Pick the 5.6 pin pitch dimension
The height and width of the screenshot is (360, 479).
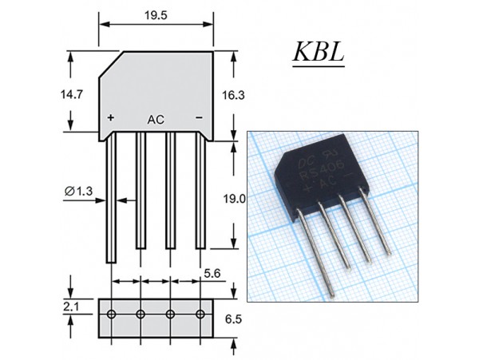click(212, 272)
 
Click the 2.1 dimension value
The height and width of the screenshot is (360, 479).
click(72, 305)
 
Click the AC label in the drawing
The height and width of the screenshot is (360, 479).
click(156, 119)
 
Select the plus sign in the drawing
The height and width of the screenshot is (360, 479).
click(111, 118)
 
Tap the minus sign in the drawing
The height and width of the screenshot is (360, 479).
click(199, 118)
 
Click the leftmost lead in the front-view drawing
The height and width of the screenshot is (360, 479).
click(112, 200)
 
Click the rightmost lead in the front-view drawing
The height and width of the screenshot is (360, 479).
click(200, 192)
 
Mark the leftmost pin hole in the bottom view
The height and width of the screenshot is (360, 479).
click(112, 312)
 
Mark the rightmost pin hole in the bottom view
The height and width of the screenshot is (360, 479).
click(200, 312)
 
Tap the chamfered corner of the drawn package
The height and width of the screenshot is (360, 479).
click(109, 64)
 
